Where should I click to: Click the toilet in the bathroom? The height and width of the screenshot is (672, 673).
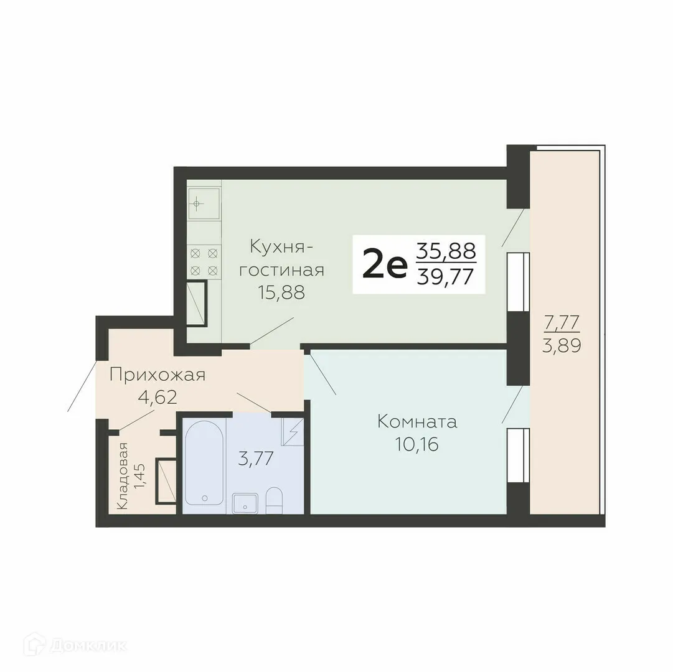(x=275, y=500)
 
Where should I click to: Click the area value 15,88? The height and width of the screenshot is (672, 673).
(x=282, y=292)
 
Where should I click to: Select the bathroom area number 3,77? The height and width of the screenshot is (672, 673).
(x=256, y=459)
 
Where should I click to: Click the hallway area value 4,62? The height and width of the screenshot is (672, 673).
(x=157, y=396)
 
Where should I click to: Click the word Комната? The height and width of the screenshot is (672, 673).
(x=417, y=422)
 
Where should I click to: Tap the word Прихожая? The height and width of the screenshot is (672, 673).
(x=157, y=375)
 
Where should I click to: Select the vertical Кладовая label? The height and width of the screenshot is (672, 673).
(x=123, y=476)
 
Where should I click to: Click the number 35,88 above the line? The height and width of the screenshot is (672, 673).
(x=446, y=251)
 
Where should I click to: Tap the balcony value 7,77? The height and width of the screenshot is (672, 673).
(x=562, y=323)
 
